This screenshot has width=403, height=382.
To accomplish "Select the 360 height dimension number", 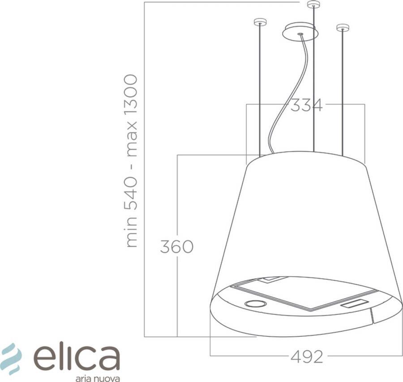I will [x=176, y=247].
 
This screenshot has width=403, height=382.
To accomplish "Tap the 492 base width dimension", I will [x=307, y=357].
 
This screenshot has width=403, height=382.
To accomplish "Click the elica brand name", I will [x=77, y=357].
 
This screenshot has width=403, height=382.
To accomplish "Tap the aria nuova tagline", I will [x=97, y=378].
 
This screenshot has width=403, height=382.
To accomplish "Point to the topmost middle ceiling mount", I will [x=313, y=4].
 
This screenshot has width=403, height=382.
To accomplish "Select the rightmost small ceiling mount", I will [x=343, y=27].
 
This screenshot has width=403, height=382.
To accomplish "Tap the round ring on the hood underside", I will [x=256, y=304].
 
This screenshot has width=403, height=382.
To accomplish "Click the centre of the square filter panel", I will [x=304, y=293].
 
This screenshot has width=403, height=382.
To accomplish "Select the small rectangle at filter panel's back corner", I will [x=273, y=279].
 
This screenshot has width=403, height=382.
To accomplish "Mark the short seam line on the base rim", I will [x=371, y=316].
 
